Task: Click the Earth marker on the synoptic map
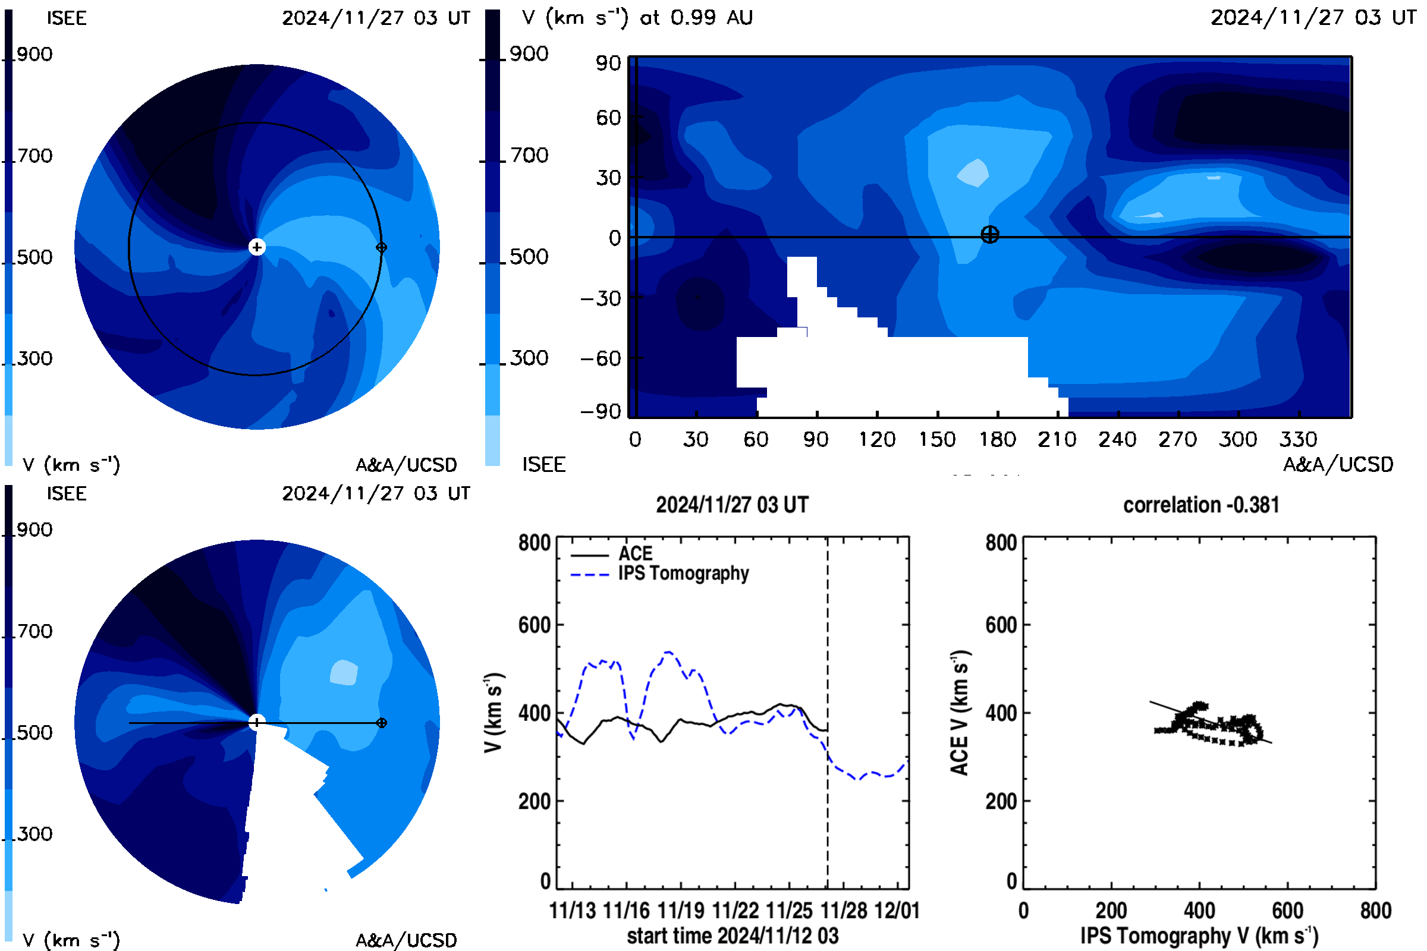click(x=989, y=234)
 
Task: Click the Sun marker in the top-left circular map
click(x=257, y=247)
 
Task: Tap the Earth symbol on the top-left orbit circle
click(x=381, y=247)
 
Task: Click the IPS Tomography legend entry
click(x=659, y=573)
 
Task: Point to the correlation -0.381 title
click(x=1200, y=505)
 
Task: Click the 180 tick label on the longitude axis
click(x=997, y=439)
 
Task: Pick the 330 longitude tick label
click(x=1299, y=439)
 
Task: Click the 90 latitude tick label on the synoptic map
click(x=608, y=63)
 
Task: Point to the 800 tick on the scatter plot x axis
click(x=1375, y=911)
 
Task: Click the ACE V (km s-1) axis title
click(x=960, y=713)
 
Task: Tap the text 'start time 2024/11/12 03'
click(x=733, y=936)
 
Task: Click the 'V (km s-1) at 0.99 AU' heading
click(x=637, y=17)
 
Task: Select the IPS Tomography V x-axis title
click(x=1199, y=936)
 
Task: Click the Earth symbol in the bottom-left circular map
click(x=381, y=723)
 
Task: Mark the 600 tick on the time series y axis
click(x=534, y=625)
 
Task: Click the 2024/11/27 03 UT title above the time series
click(x=733, y=505)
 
